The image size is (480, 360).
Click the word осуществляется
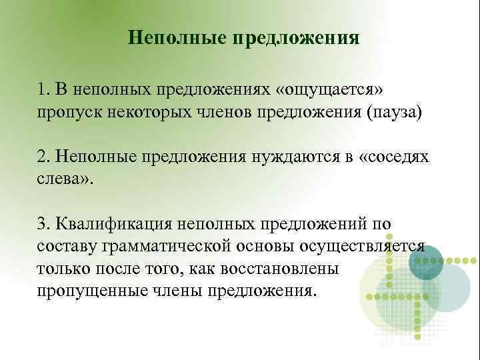tap(363, 246)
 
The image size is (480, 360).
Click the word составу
tap(67, 246)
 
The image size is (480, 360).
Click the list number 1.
tap(43, 89)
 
